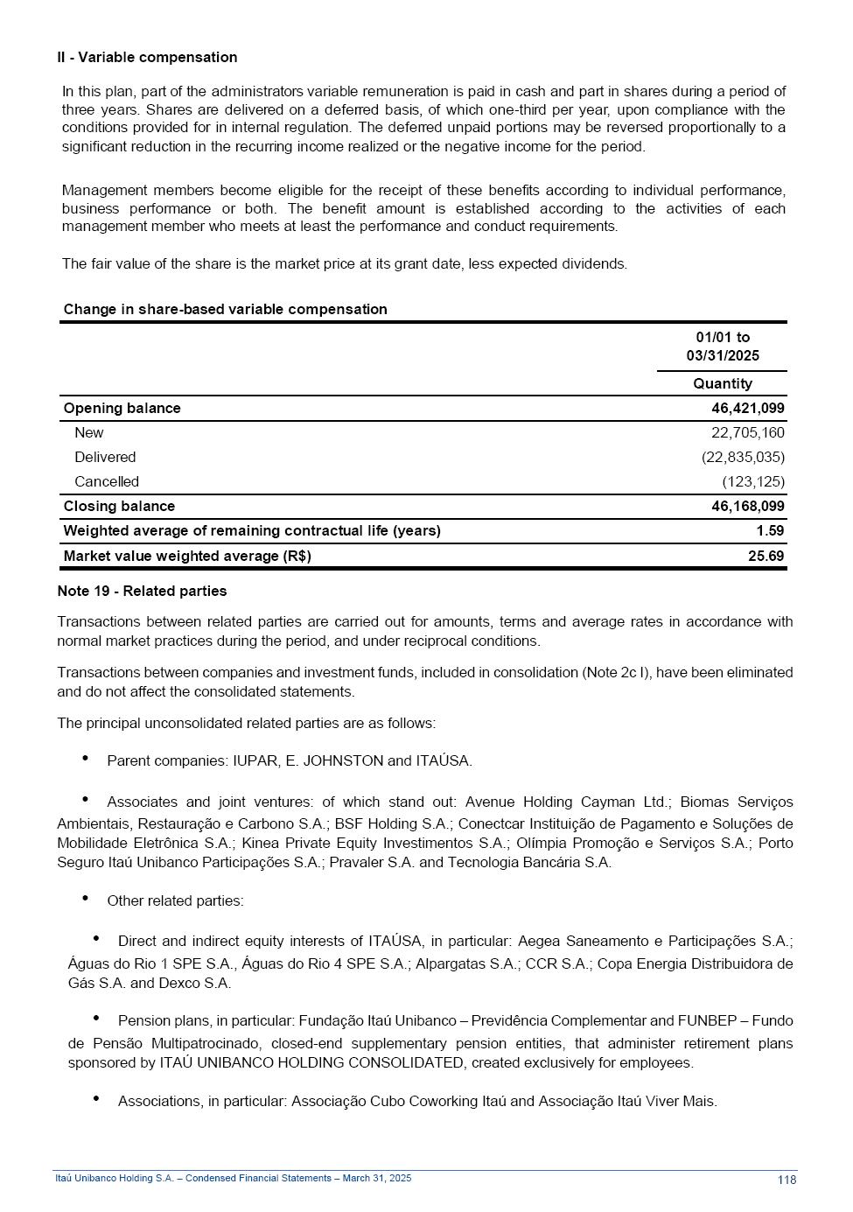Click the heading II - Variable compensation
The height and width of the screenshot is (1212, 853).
pyautogui.click(x=147, y=58)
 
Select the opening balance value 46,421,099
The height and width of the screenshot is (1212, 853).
pyautogui.click(x=747, y=409)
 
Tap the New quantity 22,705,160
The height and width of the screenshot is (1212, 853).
pyautogui.click(x=747, y=433)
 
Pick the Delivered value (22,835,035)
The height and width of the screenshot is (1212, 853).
pyautogui.click(x=743, y=458)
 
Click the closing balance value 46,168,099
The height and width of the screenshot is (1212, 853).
pyautogui.click(x=747, y=507)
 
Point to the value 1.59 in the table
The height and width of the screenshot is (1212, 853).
pyautogui.click(x=770, y=531)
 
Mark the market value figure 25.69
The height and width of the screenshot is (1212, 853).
pyautogui.click(x=766, y=557)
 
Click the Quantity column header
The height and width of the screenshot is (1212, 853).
pyautogui.click(x=722, y=384)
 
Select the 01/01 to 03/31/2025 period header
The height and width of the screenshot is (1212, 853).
pyautogui.click(x=723, y=347)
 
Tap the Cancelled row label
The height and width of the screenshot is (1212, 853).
pyautogui.click(x=107, y=482)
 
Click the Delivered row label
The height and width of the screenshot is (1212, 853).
pyautogui.click(x=105, y=458)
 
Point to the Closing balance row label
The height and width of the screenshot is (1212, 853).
pyautogui.click(x=119, y=507)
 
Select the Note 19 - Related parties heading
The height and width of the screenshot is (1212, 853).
pyautogui.click(x=142, y=592)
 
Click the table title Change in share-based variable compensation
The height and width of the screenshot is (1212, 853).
pyautogui.click(x=225, y=310)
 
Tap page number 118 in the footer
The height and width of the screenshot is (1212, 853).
pyautogui.click(x=787, y=1180)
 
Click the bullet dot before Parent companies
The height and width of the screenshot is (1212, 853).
pyautogui.click(x=86, y=759)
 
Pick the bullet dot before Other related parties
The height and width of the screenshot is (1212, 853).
pyautogui.click(x=86, y=899)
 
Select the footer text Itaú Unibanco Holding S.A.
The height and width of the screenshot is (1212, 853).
pyautogui.click(x=114, y=1179)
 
